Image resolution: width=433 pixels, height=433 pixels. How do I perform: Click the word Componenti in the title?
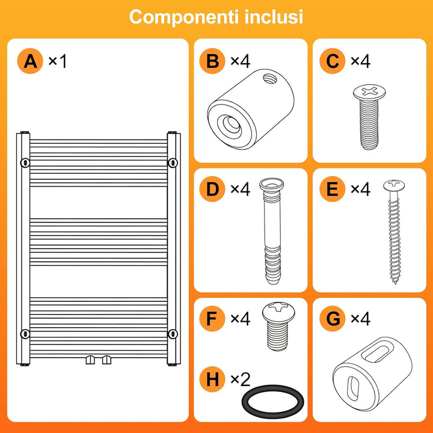(x=183, y=17)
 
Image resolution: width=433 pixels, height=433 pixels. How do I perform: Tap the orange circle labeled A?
(x=30, y=61)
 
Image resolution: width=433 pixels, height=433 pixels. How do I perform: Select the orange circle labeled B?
(x=212, y=61)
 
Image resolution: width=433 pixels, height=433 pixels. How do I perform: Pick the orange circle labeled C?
(x=333, y=61)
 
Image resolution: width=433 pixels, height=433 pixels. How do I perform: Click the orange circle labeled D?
(x=212, y=189)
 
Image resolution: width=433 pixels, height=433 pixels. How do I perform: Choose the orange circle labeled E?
(x=333, y=189)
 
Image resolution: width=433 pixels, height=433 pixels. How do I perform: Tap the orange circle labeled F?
(x=212, y=318)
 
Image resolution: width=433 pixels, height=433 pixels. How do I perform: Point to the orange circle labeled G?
(x=333, y=318)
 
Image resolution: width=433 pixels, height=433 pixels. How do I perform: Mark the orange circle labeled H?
(x=212, y=379)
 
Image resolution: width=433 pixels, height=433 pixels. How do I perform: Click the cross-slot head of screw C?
(x=369, y=92)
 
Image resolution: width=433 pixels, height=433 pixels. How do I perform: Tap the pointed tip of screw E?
(x=395, y=283)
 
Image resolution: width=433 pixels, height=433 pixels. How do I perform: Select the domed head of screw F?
(x=278, y=312)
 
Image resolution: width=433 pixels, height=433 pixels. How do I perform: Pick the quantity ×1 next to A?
(x=58, y=61)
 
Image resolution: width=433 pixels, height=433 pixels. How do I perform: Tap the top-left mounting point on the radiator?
(x=25, y=162)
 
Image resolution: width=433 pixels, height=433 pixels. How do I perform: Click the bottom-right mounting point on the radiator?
(x=173, y=334)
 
